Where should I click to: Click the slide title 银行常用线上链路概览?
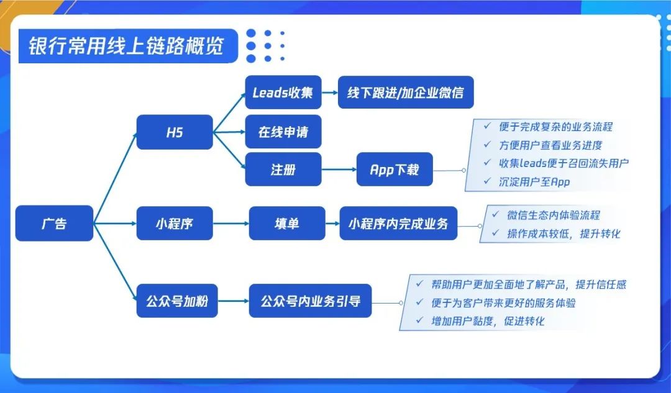[x=126, y=47]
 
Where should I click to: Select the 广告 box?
[x=54, y=223]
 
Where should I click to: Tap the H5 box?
[x=174, y=132]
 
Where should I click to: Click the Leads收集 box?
[x=283, y=93]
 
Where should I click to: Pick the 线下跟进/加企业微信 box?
[x=405, y=93]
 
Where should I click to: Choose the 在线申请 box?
[x=283, y=132]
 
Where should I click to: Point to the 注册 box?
[x=283, y=169]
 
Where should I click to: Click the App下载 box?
[x=395, y=169]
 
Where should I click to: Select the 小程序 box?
[x=174, y=223]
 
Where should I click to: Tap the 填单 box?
[x=286, y=223]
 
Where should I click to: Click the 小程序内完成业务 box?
[x=398, y=223]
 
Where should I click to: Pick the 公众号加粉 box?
[x=176, y=301]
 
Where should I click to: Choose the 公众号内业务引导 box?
[x=310, y=301]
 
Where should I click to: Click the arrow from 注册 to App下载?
[x=339, y=169]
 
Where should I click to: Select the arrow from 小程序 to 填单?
[x=231, y=223]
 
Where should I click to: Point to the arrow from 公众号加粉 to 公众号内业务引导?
[x=233, y=301]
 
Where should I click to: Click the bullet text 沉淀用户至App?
[x=534, y=183]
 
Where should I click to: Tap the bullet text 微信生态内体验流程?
[x=554, y=215]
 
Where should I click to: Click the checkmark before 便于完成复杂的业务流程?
[x=488, y=126]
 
